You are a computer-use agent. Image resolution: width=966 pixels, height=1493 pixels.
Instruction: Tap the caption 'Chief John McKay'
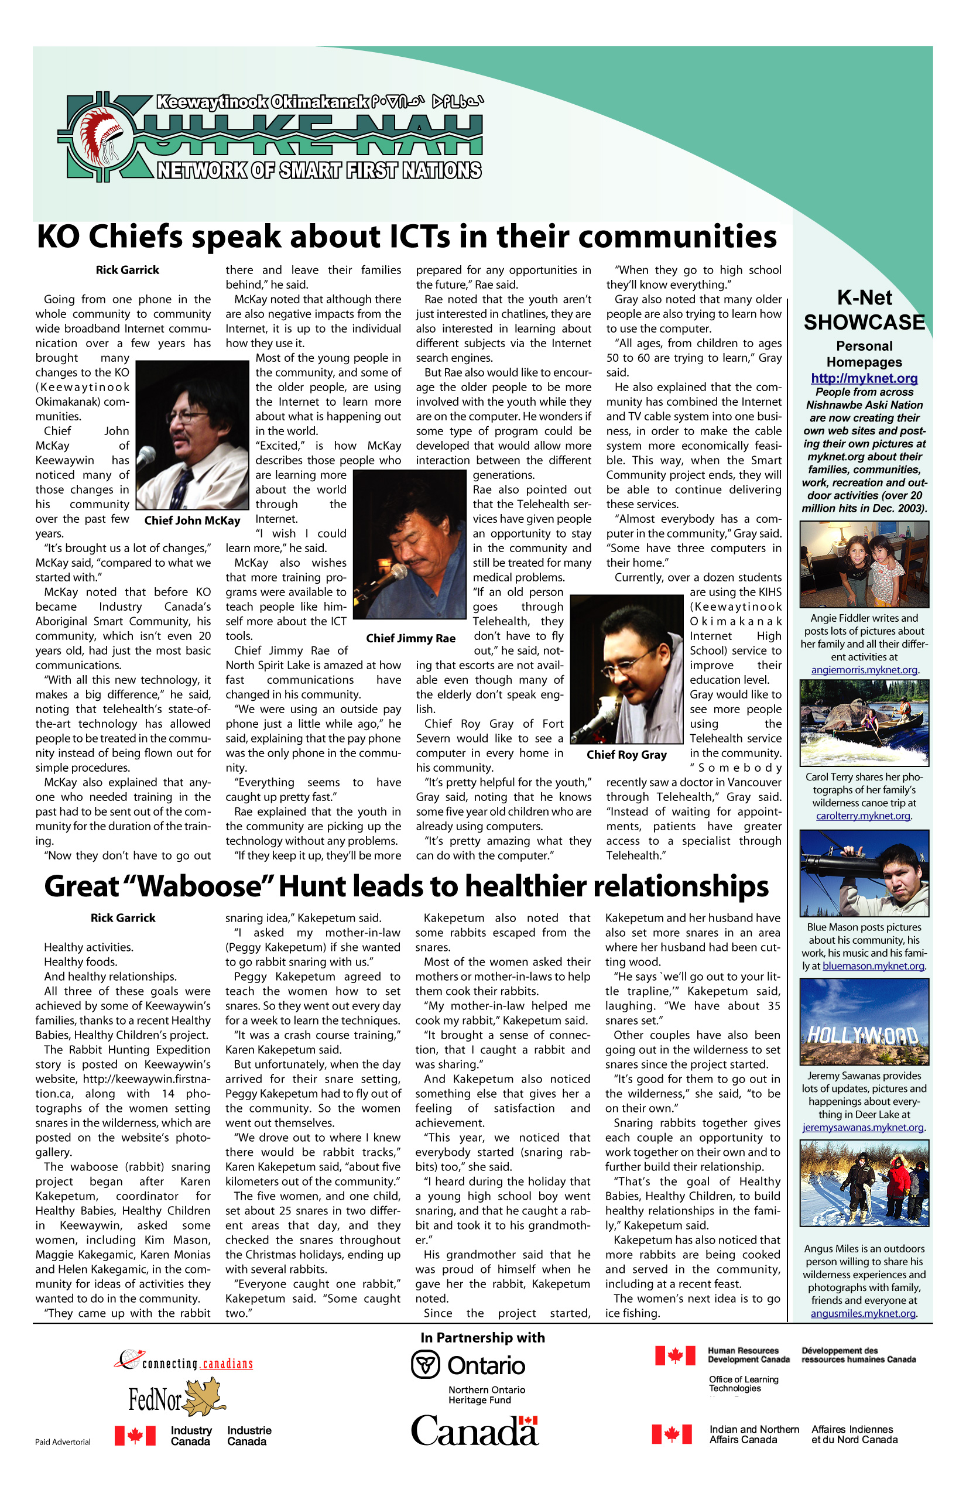tap(192, 520)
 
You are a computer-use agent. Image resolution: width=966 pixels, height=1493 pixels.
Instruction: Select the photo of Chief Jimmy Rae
tap(410, 545)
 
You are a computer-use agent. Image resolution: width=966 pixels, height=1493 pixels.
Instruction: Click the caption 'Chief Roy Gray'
tap(626, 755)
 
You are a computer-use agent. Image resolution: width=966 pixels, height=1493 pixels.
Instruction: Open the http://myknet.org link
tap(864, 378)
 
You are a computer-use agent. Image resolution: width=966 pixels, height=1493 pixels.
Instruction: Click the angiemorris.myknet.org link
tap(864, 670)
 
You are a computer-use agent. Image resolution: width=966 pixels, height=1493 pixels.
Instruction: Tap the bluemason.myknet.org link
tap(873, 966)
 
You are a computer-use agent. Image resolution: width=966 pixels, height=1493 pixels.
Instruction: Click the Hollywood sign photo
tap(864, 1021)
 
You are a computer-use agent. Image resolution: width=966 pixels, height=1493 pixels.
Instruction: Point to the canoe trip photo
tap(864, 722)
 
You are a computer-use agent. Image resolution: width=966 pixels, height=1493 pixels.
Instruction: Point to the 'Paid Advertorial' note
tap(63, 1441)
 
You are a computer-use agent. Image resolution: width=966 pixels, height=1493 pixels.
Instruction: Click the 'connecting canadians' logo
tap(183, 1361)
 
